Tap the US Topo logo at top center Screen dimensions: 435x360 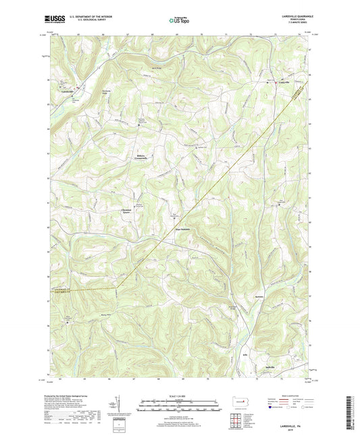[178, 20]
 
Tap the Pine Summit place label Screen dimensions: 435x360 [183, 229]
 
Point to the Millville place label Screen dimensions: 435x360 [267, 367]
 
